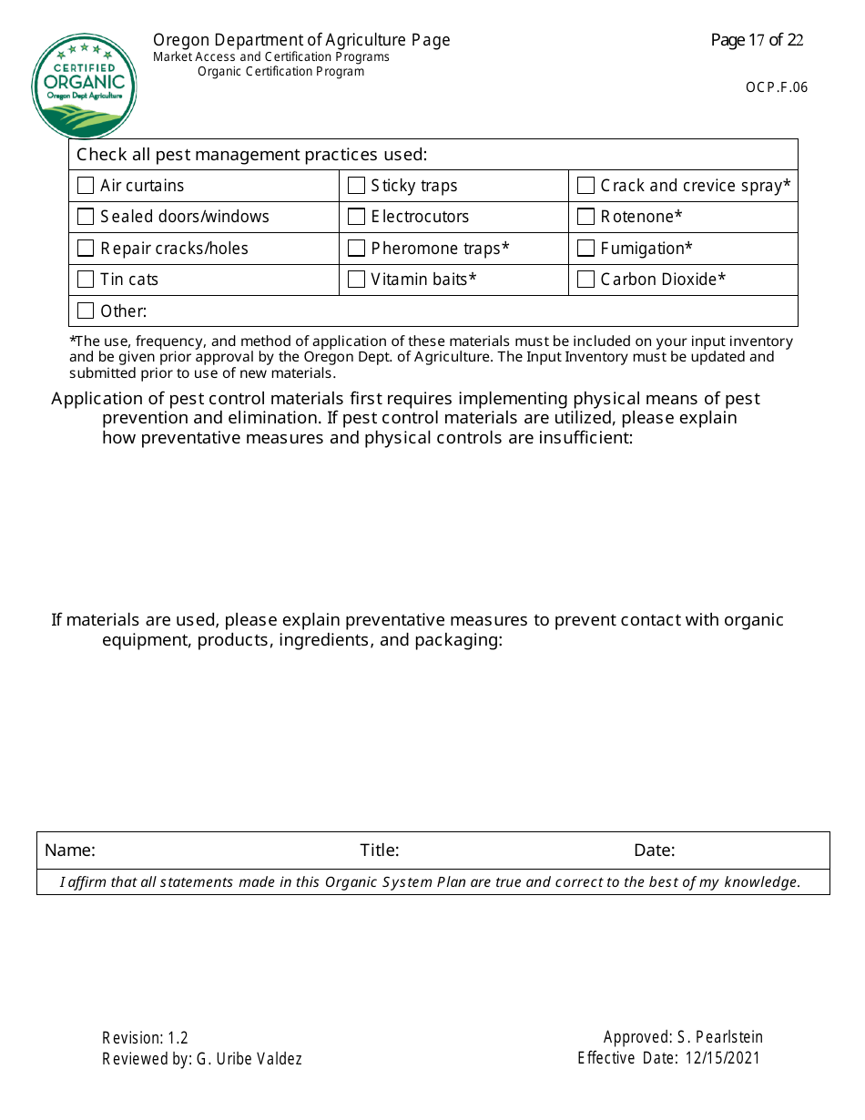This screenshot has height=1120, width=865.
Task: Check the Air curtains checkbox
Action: pos(86,186)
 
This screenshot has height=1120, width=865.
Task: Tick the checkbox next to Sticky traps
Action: pos(357,186)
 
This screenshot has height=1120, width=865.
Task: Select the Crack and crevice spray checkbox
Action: pos(586,186)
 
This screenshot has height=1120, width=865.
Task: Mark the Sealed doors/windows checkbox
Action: pos(86,217)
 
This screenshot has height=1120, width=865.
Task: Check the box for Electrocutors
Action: pos(357,217)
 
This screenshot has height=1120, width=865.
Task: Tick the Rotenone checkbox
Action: pos(586,217)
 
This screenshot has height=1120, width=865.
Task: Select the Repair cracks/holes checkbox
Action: pos(86,249)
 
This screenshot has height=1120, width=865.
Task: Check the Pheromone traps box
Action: pos(357,249)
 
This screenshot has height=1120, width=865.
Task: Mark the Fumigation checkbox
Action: pos(586,249)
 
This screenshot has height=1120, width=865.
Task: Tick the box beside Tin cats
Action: pos(86,280)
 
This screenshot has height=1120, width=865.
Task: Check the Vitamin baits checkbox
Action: pos(357,280)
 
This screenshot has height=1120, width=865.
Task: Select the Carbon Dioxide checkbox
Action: pos(586,280)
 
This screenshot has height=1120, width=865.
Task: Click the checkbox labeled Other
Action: pos(86,311)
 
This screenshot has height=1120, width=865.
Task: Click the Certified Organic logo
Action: pos(84,87)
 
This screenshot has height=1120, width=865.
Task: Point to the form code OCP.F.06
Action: pos(776,87)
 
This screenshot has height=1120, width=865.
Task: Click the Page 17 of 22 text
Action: pos(757,40)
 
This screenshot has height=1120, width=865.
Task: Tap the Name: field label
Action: pos(70,850)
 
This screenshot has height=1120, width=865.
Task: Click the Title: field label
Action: pos(380,850)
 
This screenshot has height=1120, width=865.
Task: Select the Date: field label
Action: pos(655,850)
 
